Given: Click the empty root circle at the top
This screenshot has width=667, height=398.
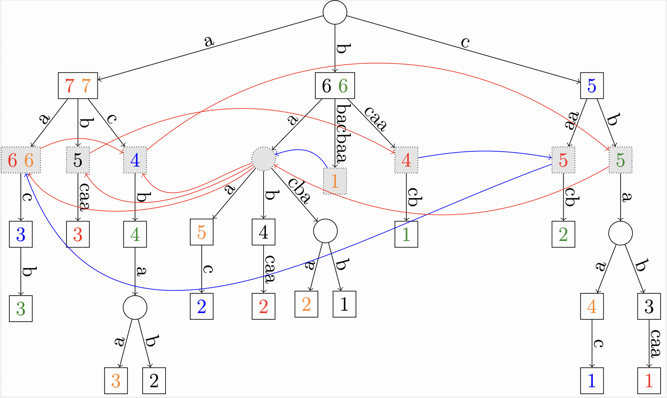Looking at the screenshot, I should click(335, 12).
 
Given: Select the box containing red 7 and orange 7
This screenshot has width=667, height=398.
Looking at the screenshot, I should click(78, 85).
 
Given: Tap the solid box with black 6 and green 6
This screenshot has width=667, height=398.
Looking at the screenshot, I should click(335, 85).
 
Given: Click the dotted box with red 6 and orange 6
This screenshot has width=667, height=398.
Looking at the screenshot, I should click(21, 160).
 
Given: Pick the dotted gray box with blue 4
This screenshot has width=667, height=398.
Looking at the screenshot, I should click(135, 160).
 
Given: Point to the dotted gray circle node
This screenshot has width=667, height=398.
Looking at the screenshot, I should click(263, 158).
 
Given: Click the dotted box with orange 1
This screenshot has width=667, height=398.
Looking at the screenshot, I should click(335, 181).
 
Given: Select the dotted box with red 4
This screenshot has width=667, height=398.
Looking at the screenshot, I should click(406, 160).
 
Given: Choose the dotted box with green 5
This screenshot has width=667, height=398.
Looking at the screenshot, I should click(620, 160).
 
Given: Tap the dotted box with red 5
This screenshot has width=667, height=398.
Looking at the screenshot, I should click(563, 160).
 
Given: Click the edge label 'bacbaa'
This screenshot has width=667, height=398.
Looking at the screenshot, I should click(343, 133).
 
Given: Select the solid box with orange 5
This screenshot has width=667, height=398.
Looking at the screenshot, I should click(202, 232).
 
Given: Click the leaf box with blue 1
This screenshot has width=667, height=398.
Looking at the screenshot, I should click(592, 381).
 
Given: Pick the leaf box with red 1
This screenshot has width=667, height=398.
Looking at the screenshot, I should click(649, 381).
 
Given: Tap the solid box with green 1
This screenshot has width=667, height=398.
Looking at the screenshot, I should click(406, 234).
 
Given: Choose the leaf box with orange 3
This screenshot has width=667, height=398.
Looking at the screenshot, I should click(116, 381).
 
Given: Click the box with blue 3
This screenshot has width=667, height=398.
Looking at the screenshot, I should click(21, 234).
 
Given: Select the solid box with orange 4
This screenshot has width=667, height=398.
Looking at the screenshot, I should click(592, 306).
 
